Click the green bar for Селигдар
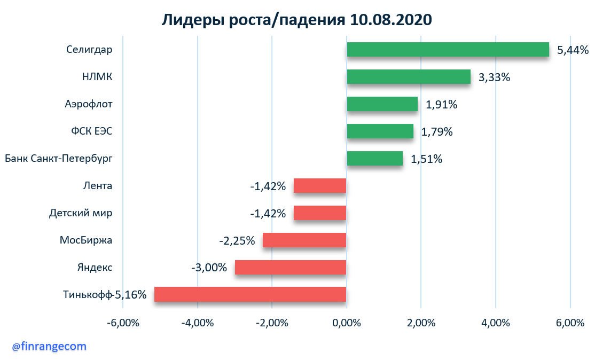[448, 49]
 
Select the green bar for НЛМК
[409, 76]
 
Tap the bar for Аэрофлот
[382, 104]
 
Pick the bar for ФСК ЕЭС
[380, 131]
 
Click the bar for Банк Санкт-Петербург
[374, 158]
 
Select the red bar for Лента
[320, 185]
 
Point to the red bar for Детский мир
[320, 213]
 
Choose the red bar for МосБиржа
[304, 240]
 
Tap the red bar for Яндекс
[291, 267]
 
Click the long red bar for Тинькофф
[250, 294]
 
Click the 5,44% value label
[573, 50]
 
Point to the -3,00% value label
[209, 267]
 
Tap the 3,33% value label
[494, 77]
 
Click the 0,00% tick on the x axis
[347, 323]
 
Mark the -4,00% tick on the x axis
[197, 323]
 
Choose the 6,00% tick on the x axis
[570, 323]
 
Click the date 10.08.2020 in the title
[391, 20]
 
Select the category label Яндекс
[95, 267]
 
